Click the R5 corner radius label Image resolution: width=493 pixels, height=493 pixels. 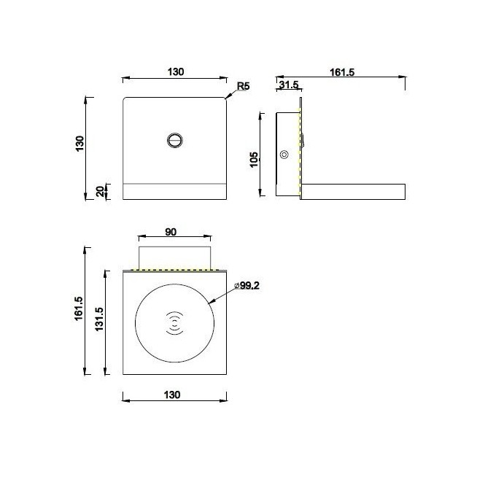(x=243, y=87)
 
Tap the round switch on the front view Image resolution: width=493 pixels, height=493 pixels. (x=175, y=140)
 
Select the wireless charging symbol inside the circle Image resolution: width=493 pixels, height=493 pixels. (x=175, y=323)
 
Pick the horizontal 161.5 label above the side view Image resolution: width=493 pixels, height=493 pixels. (x=341, y=71)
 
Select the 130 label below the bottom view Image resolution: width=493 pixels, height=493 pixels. (x=173, y=395)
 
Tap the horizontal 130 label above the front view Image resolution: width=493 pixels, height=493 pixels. (x=175, y=71)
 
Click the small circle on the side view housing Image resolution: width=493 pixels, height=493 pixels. (x=284, y=155)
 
